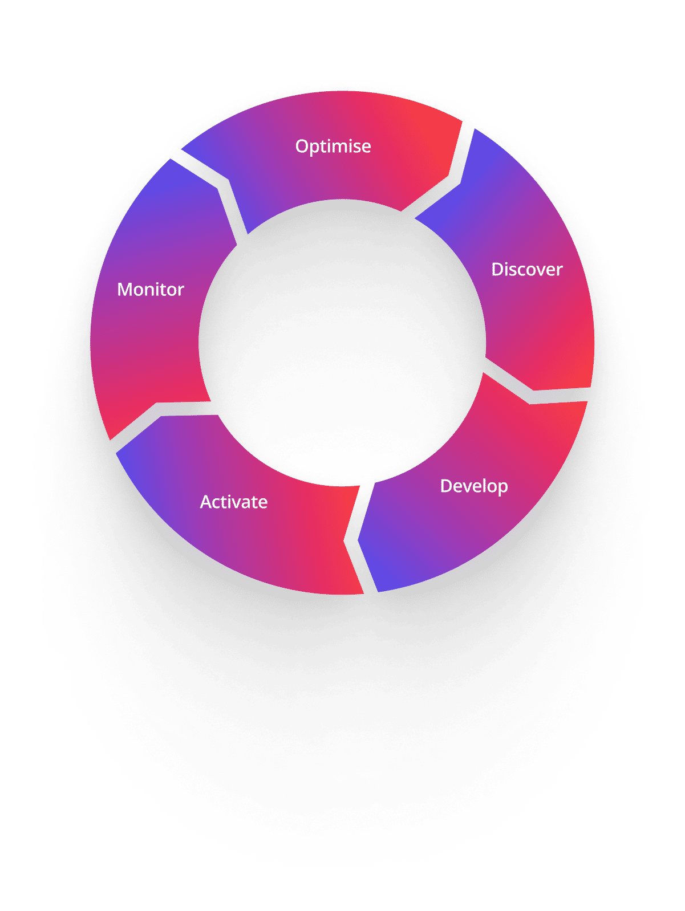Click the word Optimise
[333, 147]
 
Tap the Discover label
[527, 269]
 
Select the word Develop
[474, 487]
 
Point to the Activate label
[234, 502]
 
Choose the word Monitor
[150, 290]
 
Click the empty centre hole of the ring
[342, 343]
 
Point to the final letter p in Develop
[503, 489]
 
